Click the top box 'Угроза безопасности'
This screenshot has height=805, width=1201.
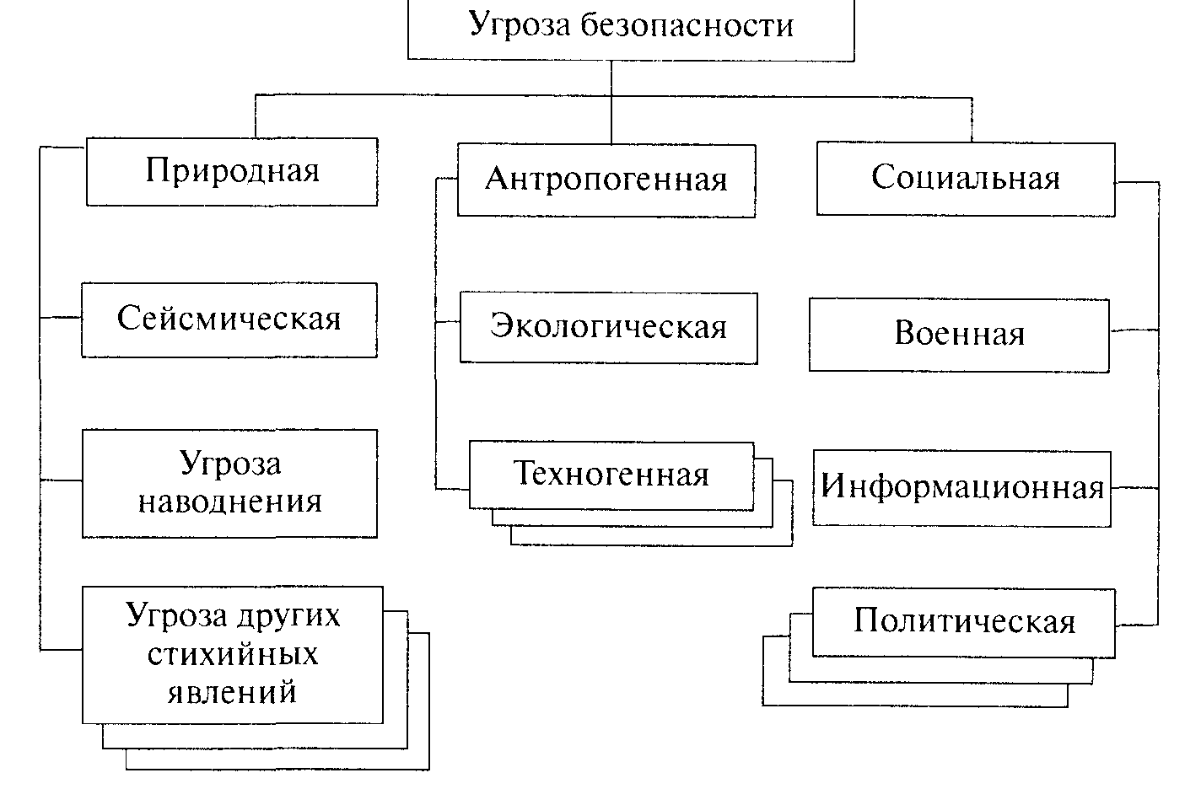tap(631, 30)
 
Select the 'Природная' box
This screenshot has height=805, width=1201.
tap(232, 171)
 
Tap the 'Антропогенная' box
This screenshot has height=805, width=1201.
tap(606, 180)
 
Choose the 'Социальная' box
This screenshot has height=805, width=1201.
tap(966, 179)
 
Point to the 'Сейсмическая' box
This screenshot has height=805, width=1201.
tap(229, 320)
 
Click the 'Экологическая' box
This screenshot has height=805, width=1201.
tap(609, 328)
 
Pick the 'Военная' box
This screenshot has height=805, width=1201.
tap(959, 335)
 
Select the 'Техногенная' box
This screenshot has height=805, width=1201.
tap(611, 475)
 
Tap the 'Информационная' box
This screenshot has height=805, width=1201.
tap(961, 488)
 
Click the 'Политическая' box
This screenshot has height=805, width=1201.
tap(964, 623)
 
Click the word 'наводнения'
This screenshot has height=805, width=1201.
tap(230, 502)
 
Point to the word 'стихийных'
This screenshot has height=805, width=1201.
tap(233, 654)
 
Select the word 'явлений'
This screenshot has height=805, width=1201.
tap(232, 691)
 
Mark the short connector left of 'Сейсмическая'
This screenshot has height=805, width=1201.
tap(61, 318)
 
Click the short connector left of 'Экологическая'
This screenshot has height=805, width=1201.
tap(448, 321)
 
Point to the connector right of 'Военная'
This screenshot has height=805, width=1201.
tap(1134, 330)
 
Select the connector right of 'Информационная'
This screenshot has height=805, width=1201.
tap(1135, 488)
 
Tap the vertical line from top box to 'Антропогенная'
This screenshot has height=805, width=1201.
tap(611, 102)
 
